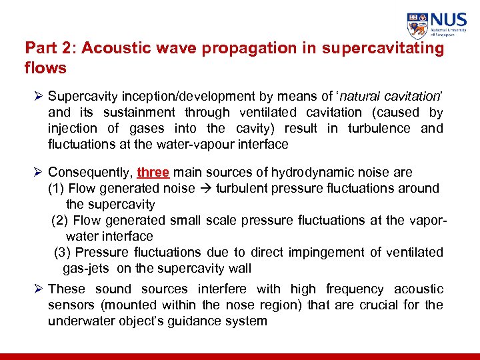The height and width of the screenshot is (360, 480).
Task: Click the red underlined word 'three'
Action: [153, 172]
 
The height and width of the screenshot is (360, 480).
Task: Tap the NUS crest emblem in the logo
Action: [418, 25]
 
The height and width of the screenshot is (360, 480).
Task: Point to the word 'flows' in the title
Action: [45, 67]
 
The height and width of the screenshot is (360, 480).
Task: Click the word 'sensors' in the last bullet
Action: [69, 305]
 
